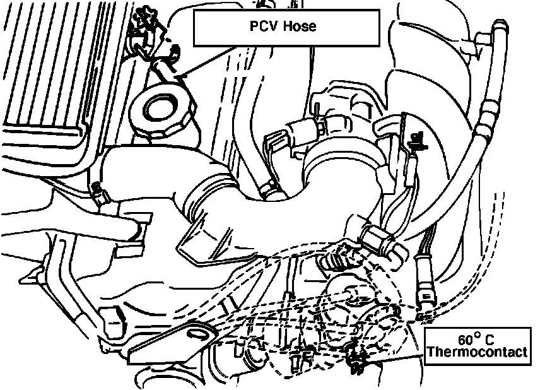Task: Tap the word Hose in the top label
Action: tap(301, 27)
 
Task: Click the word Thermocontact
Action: tap(477, 352)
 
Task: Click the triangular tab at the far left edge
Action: tap(28, 275)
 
